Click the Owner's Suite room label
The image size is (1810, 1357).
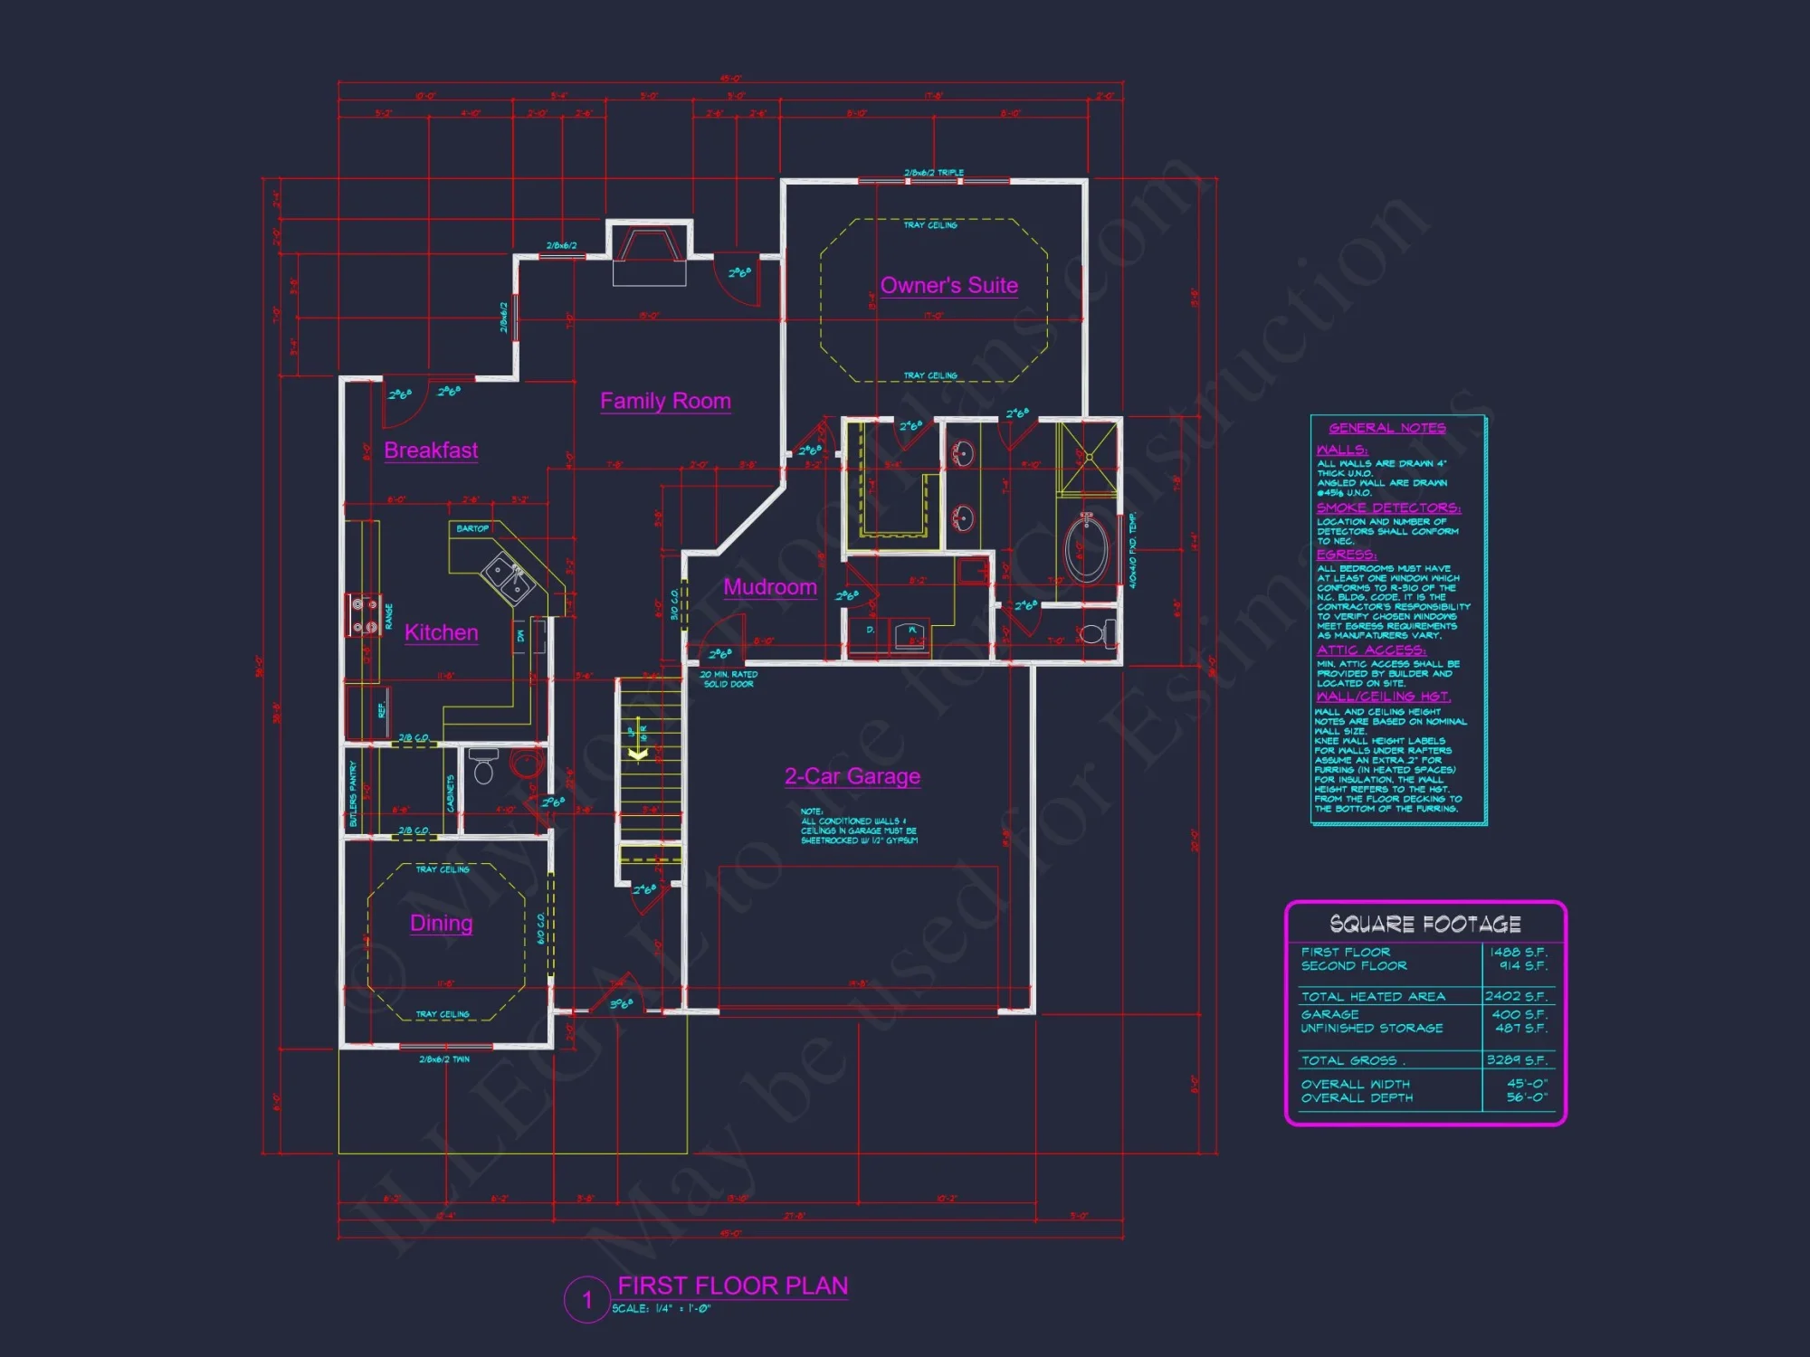[x=948, y=286]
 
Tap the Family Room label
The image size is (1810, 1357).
[x=665, y=401]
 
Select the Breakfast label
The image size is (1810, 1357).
[x=431, y=450]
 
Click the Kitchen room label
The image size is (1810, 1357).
[x=441, y=632]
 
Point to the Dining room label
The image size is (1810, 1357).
[x=441, y=923]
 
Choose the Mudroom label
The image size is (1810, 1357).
[x=770, y=587]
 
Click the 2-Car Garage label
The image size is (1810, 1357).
[x=852, y=776]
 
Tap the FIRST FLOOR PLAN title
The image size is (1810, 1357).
[x=732, y=1286]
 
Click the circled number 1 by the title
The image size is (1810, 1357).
[x=586, y=1300]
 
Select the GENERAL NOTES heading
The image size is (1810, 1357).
[x=1386, y=428]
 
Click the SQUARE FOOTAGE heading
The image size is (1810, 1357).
[x=1424, y=924]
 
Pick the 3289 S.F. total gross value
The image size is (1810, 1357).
[x=1517, y=1060]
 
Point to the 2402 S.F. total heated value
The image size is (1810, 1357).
[x=1516, y=996]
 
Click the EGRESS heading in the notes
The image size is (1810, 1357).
[x=1346, y=555]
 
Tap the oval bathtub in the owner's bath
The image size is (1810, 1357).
[x=1086, y=548]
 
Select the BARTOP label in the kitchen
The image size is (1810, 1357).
[x=472, y=528]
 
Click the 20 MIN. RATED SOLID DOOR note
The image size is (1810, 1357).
[x=729, y=679]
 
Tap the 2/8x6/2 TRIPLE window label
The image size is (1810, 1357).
[x=934, y=173]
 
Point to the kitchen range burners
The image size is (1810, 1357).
[x=365, y=615]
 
